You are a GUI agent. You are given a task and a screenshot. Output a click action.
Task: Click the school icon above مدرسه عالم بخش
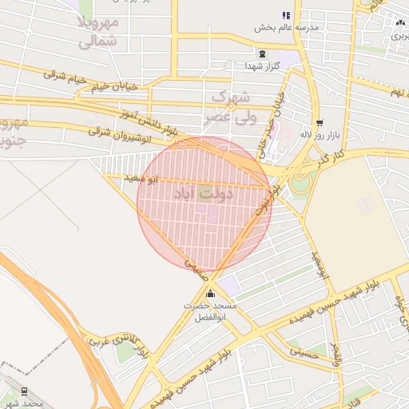pos(286,15)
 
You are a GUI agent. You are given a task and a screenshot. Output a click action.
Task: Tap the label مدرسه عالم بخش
pos(287,28)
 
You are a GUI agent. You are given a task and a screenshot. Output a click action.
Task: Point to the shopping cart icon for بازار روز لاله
pos(320,123)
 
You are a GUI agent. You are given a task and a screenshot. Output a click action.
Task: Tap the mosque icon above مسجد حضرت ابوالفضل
pos(210,293)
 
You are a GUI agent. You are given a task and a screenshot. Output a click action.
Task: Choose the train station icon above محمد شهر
pos(25,391)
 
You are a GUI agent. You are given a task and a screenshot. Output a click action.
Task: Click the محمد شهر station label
pos(22,403)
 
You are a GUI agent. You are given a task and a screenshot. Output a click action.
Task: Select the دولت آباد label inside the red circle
pos(203,193)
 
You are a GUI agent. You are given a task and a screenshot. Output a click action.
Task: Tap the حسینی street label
pos(308,347)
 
